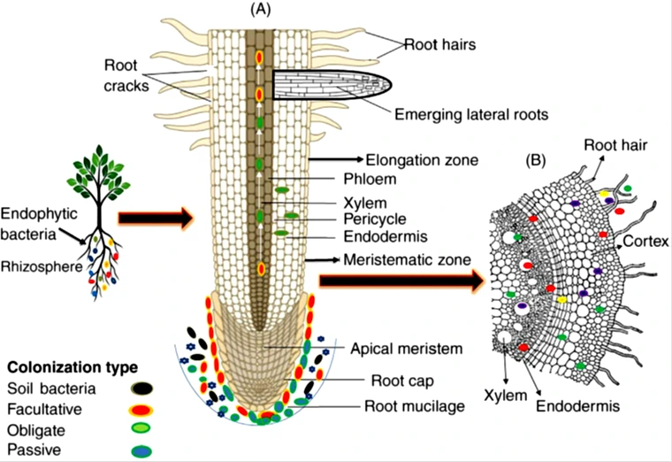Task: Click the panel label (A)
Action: [262, 10]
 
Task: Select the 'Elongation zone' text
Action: [422, 160]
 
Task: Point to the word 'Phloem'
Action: [387, 180]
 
